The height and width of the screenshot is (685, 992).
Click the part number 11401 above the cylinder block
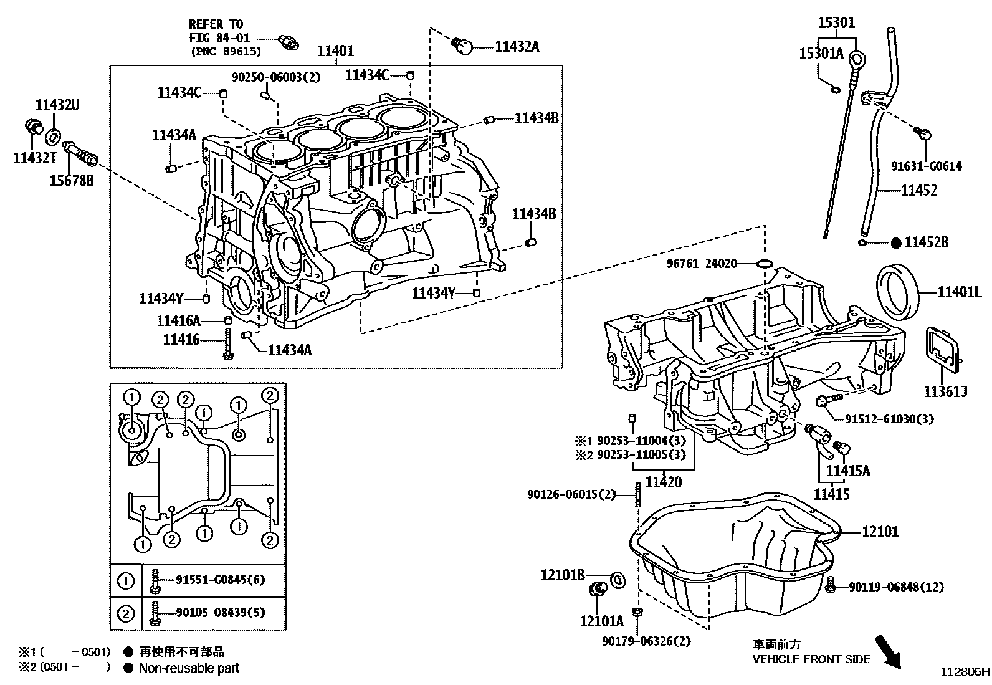pos(336,51)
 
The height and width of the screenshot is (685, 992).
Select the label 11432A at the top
pos(517,46)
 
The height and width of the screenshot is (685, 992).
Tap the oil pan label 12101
pos(880,532)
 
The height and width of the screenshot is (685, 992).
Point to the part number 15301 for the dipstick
pos(836,24)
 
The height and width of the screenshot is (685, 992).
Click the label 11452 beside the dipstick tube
pos(918,190)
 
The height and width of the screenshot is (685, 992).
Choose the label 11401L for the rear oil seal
pos(960,291)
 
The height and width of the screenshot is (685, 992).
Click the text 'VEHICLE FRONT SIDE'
pos(811,659)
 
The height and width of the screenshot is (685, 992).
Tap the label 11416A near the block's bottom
pos(178,321)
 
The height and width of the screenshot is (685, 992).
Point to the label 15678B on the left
pos(72,181)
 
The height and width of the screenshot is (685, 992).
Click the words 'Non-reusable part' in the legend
pos(189,668)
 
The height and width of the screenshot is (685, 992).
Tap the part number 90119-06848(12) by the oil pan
pos(896,587)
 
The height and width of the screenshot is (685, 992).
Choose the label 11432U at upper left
pos(57,105)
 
